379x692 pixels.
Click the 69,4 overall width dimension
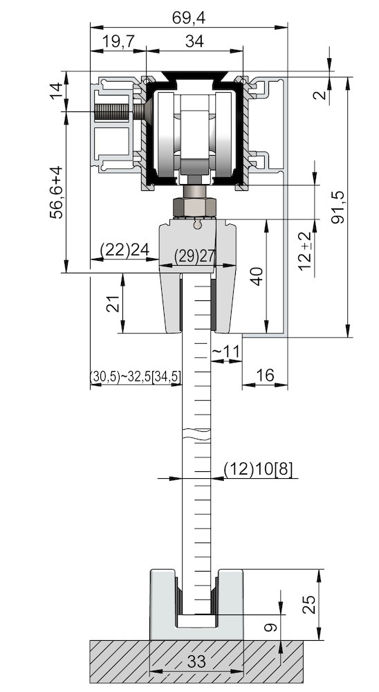[x=188, y=18]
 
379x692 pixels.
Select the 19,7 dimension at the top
[x=118, y=42]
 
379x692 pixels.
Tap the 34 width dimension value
[x=194, y=42]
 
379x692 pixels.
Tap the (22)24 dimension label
[x=124, y=250]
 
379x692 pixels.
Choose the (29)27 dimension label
[x=187, y=256]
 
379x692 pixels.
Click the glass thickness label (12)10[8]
[x=258, y=469]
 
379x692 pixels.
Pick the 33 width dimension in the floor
[x=196, y=662]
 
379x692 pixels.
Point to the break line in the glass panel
[x=196, y=435]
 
